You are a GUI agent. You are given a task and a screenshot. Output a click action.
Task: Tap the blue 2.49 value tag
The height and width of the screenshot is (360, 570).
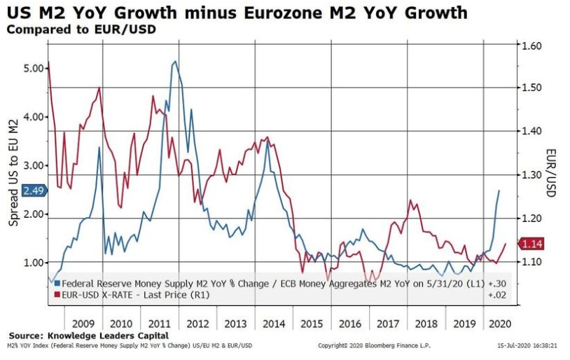pos(34,191)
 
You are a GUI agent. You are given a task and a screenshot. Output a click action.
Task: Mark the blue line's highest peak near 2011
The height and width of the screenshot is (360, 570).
pos(174,62)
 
